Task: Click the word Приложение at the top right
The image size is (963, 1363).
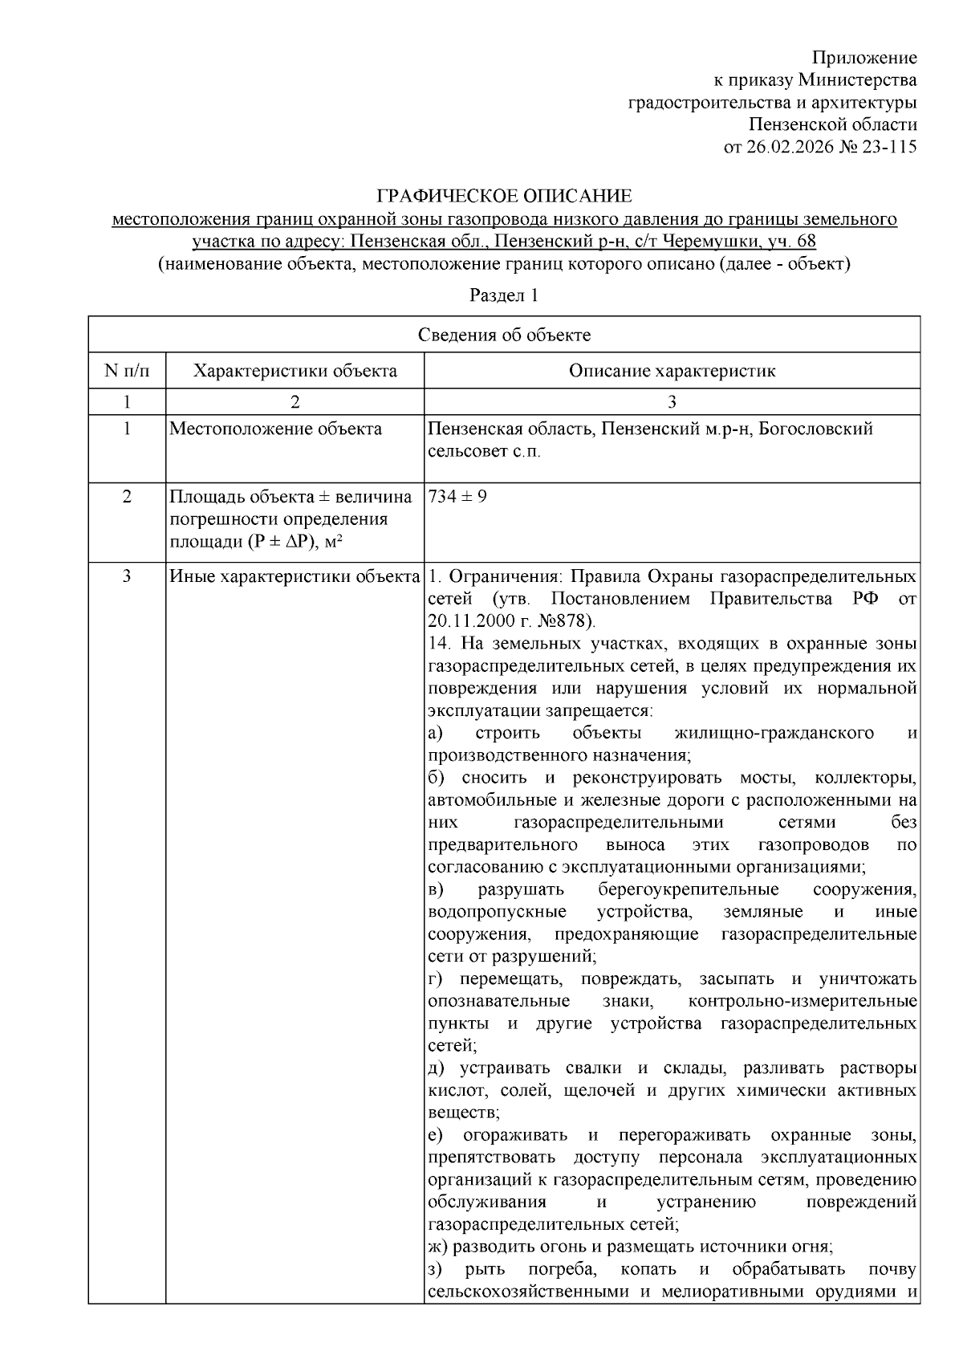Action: (x=863, y=58)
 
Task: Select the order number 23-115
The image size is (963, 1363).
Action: (x=888, y=147)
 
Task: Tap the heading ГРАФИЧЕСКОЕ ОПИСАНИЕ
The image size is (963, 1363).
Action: (x=504, y=196)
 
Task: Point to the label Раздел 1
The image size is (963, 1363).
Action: (x=503, y=295)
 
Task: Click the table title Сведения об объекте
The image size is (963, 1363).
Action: (x=503, y=336)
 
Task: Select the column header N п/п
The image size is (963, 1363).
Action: (x=127, y=371)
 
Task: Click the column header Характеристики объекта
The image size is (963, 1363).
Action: (x=295, y=371)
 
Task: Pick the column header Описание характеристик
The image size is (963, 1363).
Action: (x=672, y=371)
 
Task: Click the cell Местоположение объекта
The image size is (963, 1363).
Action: (x=276, y=429)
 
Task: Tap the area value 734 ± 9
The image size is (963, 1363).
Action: (x=457, y=496)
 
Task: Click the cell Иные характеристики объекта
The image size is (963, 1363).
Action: (x=295, y=577)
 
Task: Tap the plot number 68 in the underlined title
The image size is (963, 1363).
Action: (x=807, y=241)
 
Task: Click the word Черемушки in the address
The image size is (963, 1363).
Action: (x=694, y=241)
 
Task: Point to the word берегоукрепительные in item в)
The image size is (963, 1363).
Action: (x=688, y=890)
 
